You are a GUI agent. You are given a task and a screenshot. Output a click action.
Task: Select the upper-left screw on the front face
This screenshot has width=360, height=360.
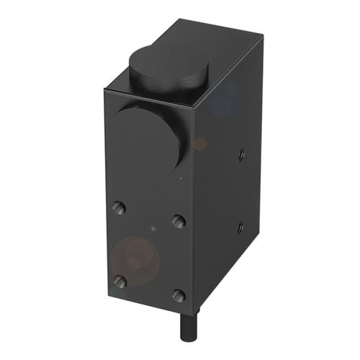point(119,207)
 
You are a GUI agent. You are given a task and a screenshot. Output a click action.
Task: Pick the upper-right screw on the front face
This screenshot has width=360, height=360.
point(179,220)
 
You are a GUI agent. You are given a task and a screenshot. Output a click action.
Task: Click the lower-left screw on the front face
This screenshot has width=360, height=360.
point(120,281)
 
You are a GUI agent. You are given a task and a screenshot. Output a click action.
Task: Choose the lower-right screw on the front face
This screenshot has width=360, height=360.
point(179,295)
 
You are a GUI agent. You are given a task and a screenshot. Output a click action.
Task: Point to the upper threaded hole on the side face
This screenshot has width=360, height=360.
point(240,153)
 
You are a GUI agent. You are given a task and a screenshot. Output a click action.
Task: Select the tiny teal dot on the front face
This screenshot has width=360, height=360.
point(152,229)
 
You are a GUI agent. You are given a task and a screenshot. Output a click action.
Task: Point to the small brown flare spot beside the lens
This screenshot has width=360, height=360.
point(200,144)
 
